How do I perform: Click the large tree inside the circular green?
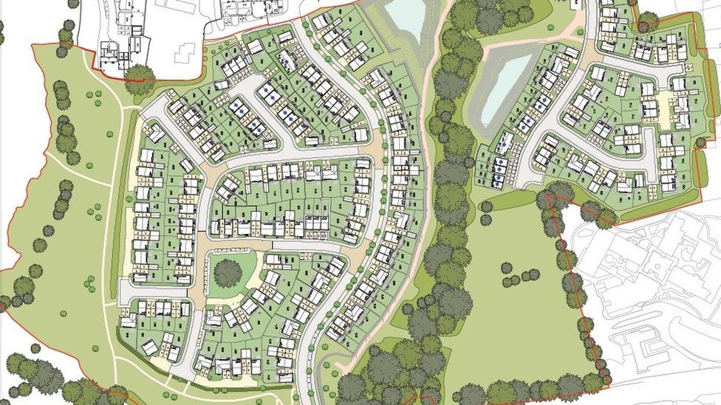pos(228,273)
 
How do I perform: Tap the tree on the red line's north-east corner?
pos(647,20)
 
